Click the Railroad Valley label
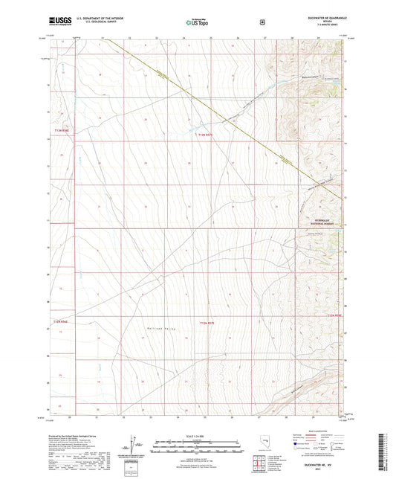point(163,325)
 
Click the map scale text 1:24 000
point(198,436)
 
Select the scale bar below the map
point(198,444)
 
